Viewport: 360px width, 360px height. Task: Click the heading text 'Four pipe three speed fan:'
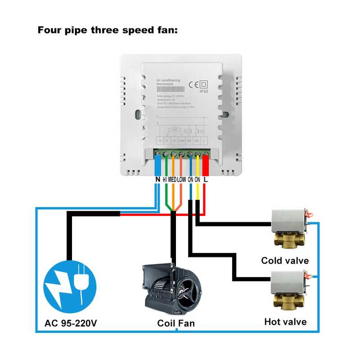108,31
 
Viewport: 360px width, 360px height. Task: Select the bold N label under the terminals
157,179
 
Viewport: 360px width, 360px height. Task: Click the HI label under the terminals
165,179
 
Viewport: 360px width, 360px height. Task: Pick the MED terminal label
173,179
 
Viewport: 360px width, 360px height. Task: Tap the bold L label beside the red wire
206,179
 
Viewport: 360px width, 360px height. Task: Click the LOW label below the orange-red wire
181,179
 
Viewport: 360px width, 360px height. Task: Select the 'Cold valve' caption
285,261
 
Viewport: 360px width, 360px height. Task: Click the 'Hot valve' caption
285,321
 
